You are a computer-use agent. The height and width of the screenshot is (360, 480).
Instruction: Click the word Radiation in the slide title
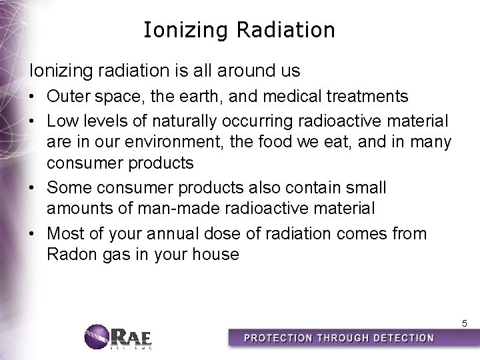click(293, 31)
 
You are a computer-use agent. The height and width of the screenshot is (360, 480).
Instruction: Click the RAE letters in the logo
click(133, 335)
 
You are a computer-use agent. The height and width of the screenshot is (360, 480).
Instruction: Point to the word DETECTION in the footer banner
click(399, 338)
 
